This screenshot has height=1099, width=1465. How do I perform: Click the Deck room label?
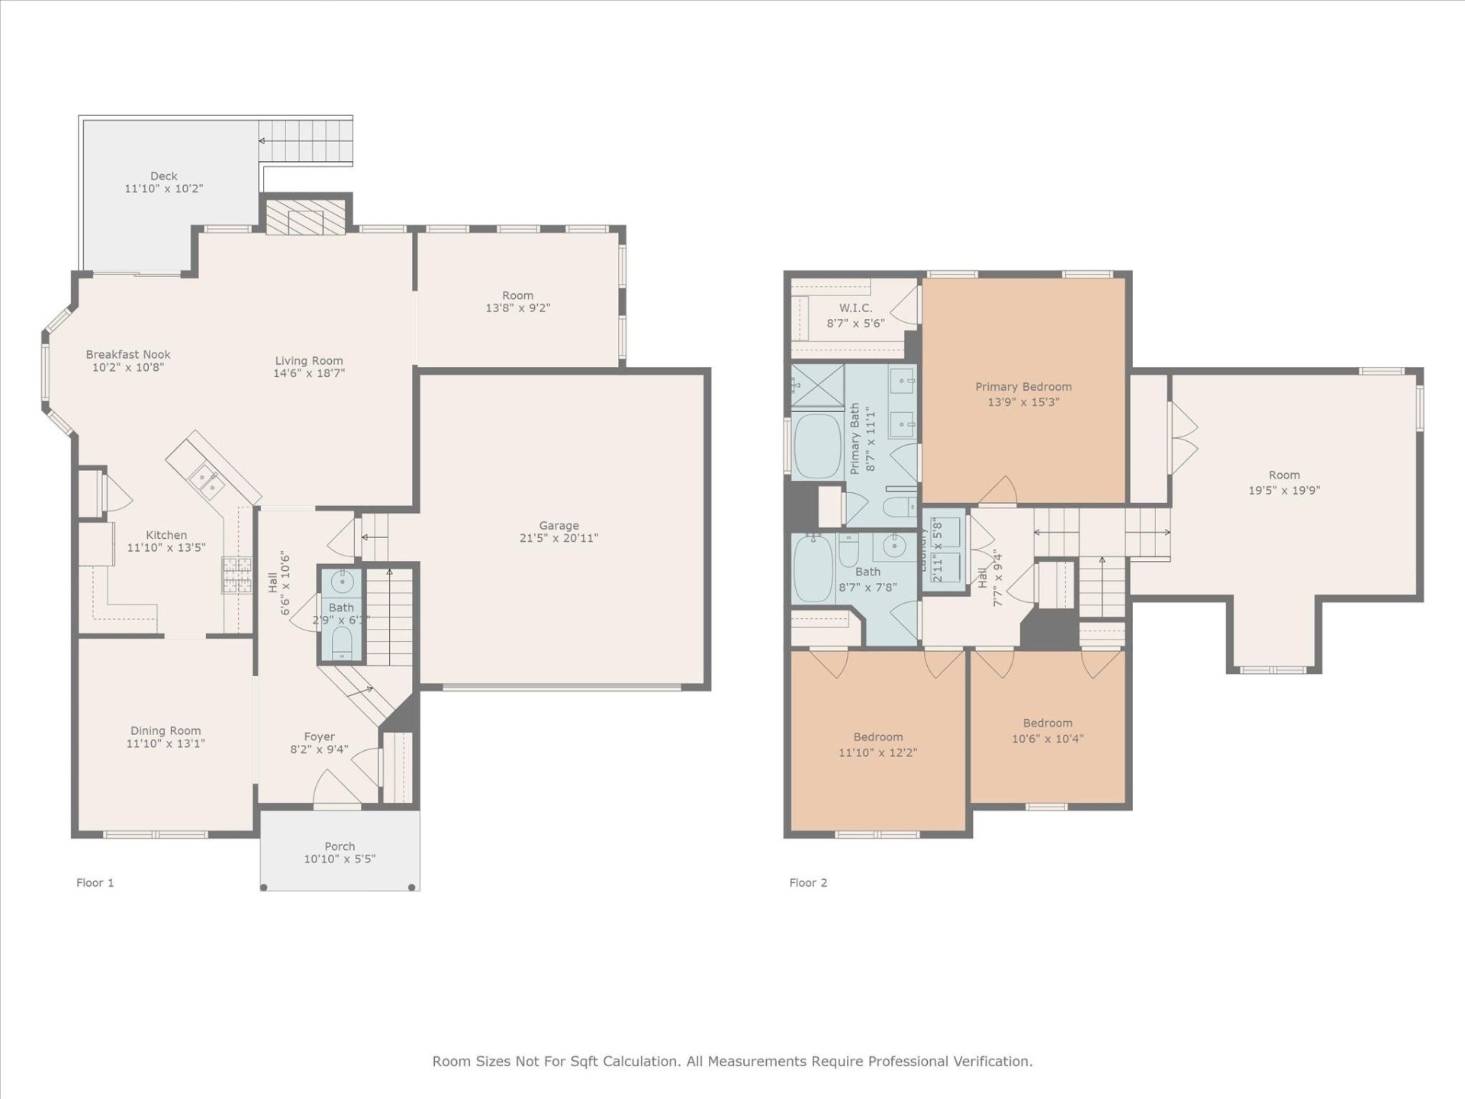163,176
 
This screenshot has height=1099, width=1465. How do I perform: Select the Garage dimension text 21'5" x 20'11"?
559,538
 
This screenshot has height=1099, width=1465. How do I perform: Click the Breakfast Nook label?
128,354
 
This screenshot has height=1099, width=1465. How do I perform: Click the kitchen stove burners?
237,575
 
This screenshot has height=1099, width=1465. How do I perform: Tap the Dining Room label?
166,730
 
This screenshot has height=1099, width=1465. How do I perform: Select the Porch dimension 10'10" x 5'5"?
340,859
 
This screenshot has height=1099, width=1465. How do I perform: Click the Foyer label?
319,736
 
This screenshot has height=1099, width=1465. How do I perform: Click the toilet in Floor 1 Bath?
342,643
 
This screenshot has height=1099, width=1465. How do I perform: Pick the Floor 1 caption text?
95,882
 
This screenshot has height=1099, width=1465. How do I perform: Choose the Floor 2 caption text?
808,882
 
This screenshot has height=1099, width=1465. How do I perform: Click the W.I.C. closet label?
855,308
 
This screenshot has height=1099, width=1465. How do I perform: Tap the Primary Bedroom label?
1023,387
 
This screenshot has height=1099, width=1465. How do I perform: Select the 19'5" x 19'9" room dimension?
1284,491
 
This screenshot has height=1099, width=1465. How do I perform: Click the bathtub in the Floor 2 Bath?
813,569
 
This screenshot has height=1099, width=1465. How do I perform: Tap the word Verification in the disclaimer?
994,1061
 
